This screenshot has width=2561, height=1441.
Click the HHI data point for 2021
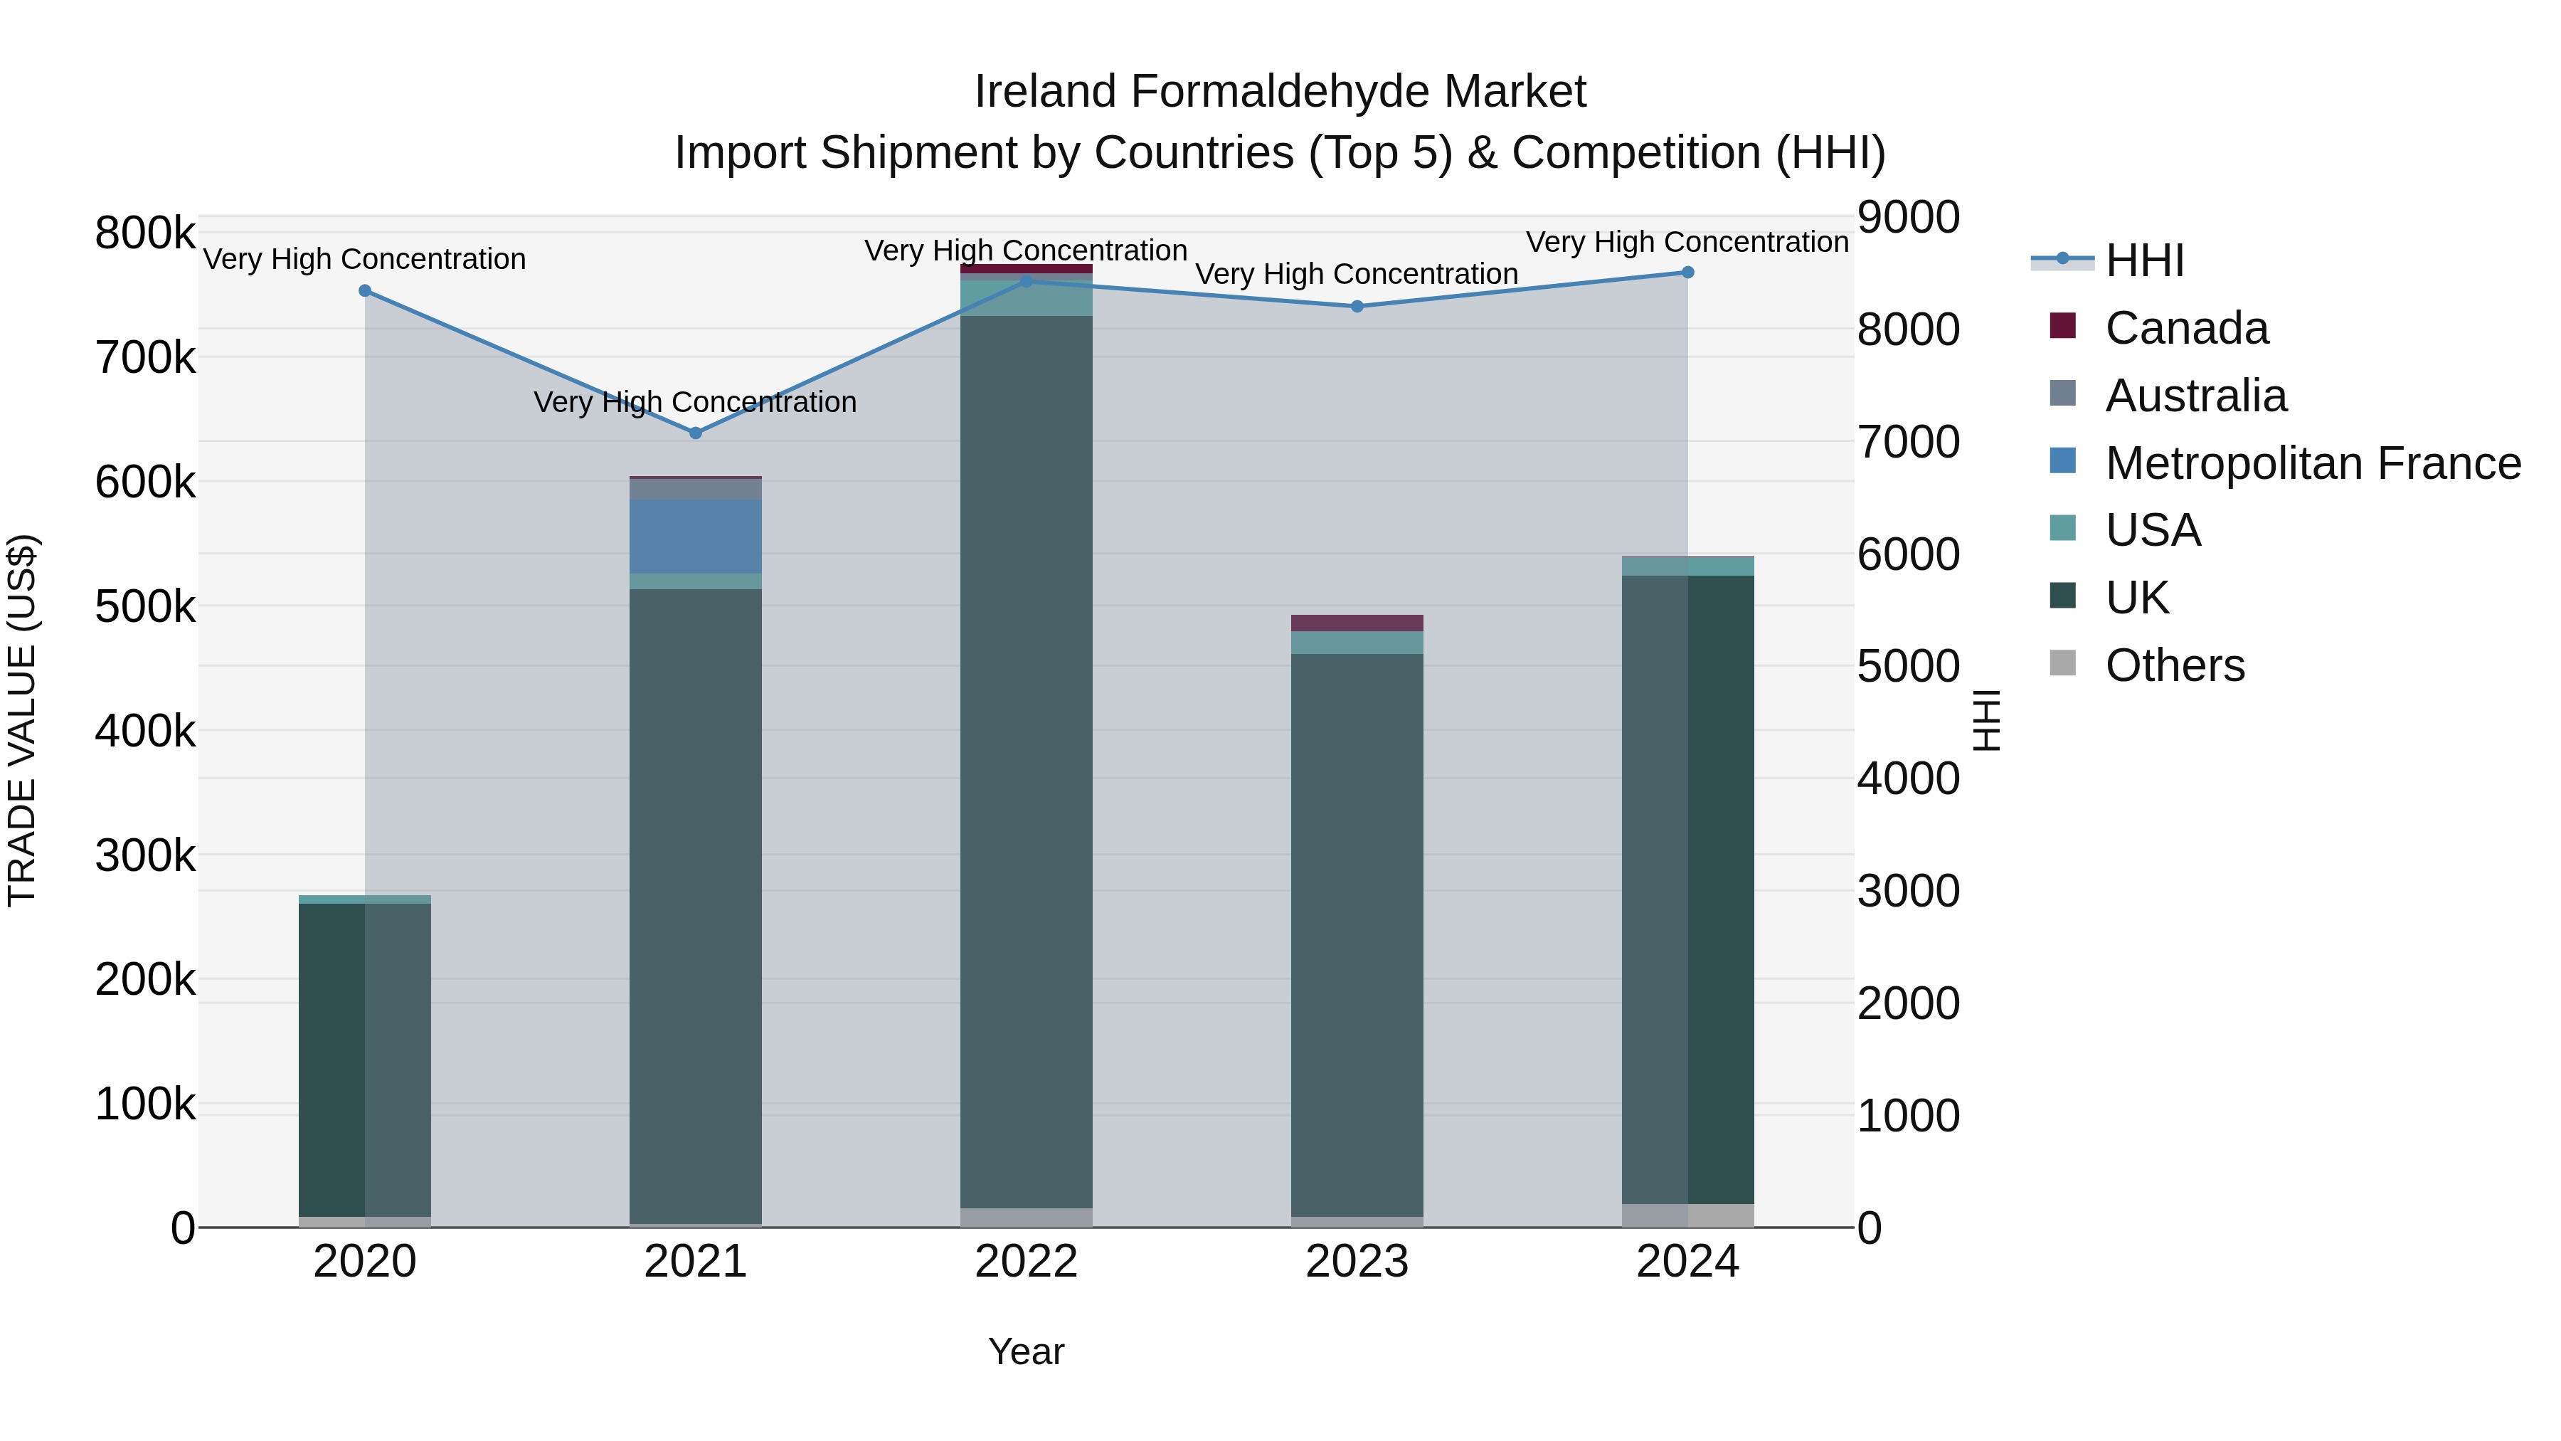pos(695,433)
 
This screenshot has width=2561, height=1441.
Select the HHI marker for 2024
pos(1687,273)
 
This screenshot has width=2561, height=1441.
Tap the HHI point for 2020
pos(365,290)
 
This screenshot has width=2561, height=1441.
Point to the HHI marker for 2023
pos(1357,306)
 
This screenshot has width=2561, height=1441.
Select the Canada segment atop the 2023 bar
pos(1357,623)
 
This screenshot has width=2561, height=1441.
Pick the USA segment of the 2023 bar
pos(1357,643)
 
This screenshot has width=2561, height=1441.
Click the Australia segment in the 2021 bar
pos(695,490)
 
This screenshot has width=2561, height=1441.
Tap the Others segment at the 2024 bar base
pos(1687,1215)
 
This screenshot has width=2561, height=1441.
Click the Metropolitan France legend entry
pos(2313,463)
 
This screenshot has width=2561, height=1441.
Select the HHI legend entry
pos(2143,260)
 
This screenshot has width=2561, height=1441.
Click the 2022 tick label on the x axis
pos(1026,1262)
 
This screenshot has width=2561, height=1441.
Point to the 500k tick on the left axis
pos(145,606)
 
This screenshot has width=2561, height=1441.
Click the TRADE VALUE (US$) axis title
pos(22,720)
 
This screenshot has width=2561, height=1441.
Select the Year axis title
pos(1026,1351)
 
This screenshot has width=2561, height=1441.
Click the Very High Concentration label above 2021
pos(695,402)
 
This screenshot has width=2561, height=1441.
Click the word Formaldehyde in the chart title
pos(1280,92)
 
